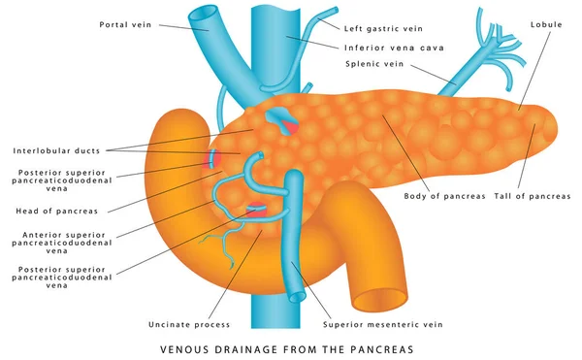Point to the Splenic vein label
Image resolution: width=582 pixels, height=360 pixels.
point(373,64)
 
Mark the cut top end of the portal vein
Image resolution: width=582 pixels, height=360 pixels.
point(205,15)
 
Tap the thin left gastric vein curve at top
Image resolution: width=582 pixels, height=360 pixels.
point(315,24)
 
